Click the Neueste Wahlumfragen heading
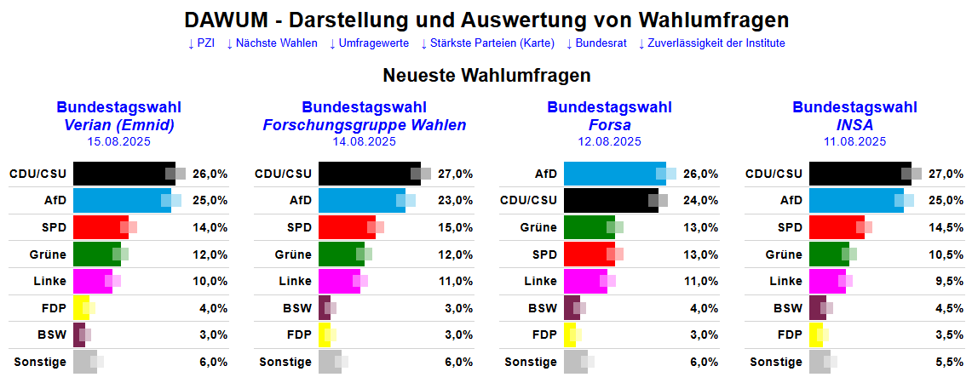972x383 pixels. pyautogui.click(x=486, y=76)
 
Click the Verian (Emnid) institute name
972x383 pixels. pyautogui.click(x=119, y=125)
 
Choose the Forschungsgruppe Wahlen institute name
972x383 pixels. pyautogui.click(x=365, y=125)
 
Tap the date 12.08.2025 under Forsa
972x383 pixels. pyautogui.click(x=609, y=141)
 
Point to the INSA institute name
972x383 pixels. pyautogui.click(x=854, y=125)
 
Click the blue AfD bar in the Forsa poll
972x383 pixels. pyautogui.click(x=613, y=174)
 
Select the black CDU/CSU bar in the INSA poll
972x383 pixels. pyautogui.click(x=859, y=174)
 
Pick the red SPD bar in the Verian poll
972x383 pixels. pyautogui.click(x=100, y=227)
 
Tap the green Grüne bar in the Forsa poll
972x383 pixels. pyautogui.click(x=588, y=227)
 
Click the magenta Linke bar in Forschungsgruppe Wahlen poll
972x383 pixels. pyautogui.click(x=338, y=281)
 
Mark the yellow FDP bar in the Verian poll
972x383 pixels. pyautogui.click(x=80, y=308)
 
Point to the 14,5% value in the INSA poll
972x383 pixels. pyautogui.click(x=948, y=227)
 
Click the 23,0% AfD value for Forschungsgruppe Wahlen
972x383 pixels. pyautogui.click(x=456, y=201)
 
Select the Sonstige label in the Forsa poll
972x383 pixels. pyautogui.click(x=531, y=362)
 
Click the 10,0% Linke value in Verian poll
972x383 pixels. pyautogui.click(x=210, y=281)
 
